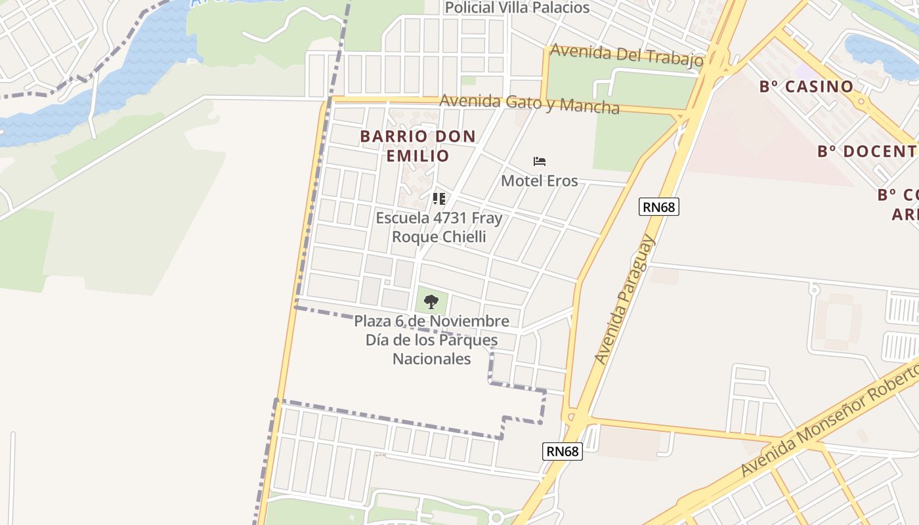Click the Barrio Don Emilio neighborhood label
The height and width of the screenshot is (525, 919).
417,146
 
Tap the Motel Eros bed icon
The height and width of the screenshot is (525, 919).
540,161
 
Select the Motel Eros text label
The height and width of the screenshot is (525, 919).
540,180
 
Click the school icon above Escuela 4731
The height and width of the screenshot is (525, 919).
439,198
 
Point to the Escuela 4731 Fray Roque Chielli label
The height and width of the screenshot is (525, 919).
438,227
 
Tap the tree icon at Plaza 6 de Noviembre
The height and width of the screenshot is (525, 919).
431,302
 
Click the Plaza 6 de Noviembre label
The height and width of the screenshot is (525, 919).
431,322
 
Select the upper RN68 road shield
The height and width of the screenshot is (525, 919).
659,207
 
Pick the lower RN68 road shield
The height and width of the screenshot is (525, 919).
563,451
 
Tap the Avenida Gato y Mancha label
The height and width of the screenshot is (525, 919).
529,104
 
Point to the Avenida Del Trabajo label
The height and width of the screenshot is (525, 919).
627,55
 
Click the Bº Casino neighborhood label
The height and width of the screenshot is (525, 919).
806,87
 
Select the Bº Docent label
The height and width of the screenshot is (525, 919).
866,152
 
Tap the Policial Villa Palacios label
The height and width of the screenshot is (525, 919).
517,8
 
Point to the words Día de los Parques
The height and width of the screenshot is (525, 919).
431,341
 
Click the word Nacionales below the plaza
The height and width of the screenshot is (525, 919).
431,359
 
